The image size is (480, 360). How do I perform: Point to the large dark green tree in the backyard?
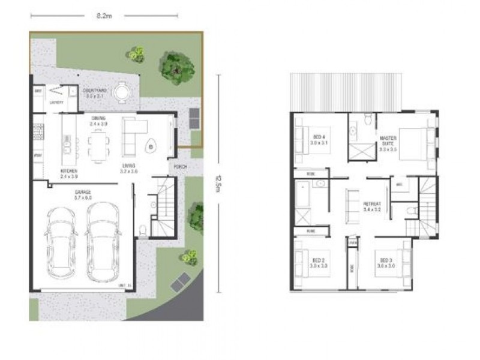pyautogui.click(x=175, y=68)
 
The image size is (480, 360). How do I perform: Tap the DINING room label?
pyautogui.click(x=98, y=118)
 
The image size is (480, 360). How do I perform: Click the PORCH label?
pyautogui.click(x=180, y=167)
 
